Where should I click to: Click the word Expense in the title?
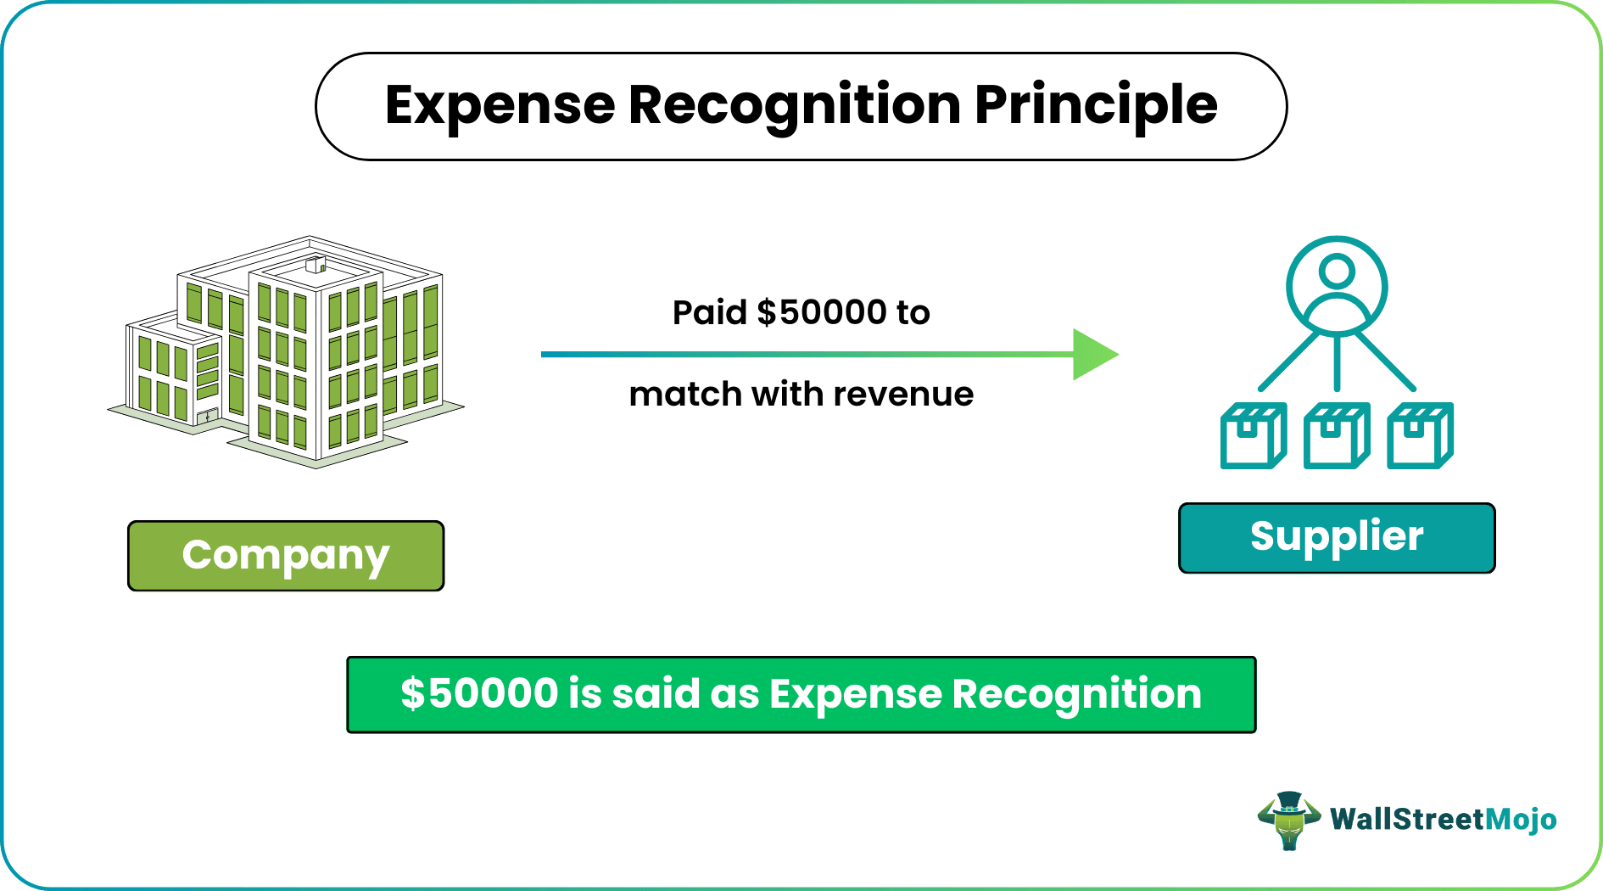coord(500,107)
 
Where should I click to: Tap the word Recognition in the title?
coord(795,107)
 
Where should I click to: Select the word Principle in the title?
coord(1096,107)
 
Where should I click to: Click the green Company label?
coord(286,556)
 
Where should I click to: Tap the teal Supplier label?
coord(1337,538)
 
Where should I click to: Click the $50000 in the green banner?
coord(479,693)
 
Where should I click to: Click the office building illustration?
coord(286,351)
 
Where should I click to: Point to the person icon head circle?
coord(1338,272)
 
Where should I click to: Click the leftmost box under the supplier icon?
coord(1254,436)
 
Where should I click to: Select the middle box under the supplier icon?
coord(1337,436)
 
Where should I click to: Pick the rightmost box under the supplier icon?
coord(1420,436)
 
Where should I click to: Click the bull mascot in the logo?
coord(1289,821)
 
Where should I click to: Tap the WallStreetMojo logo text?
coord(1443,820)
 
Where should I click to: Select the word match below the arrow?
coord(684,395)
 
